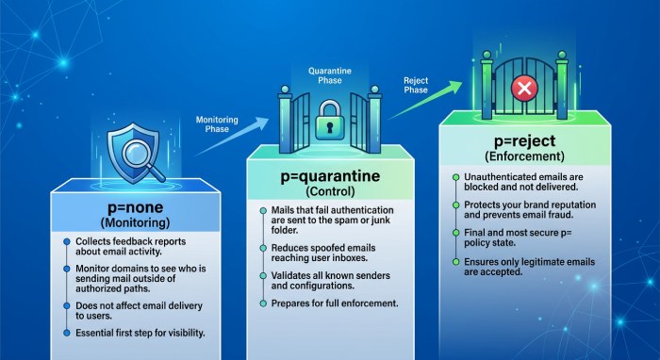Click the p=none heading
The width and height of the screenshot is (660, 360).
[135, 207]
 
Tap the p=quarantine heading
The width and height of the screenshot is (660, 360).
[330, 176]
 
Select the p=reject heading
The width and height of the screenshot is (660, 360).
[525, 141]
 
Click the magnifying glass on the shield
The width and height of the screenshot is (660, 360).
[141, 156]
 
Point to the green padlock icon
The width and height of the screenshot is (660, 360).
[330, 120]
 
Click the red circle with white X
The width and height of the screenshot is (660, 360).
[524, 89]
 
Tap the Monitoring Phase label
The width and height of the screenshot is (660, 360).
[217, 124]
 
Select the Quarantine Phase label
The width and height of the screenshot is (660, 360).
[330, 75]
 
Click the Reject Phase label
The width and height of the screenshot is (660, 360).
[416, 85]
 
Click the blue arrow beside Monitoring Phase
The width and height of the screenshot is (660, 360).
[232, 137]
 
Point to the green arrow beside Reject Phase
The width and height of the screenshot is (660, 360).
[425, 100]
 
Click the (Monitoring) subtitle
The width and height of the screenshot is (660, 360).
[135, 222]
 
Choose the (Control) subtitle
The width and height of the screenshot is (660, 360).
[330, 191]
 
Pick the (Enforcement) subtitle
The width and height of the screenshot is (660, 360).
[524, 156]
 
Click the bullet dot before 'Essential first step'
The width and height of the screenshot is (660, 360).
[67, 333]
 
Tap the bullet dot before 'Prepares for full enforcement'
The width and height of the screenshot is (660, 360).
[263, 303]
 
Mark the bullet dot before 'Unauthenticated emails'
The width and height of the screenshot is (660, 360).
[455, 177]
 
